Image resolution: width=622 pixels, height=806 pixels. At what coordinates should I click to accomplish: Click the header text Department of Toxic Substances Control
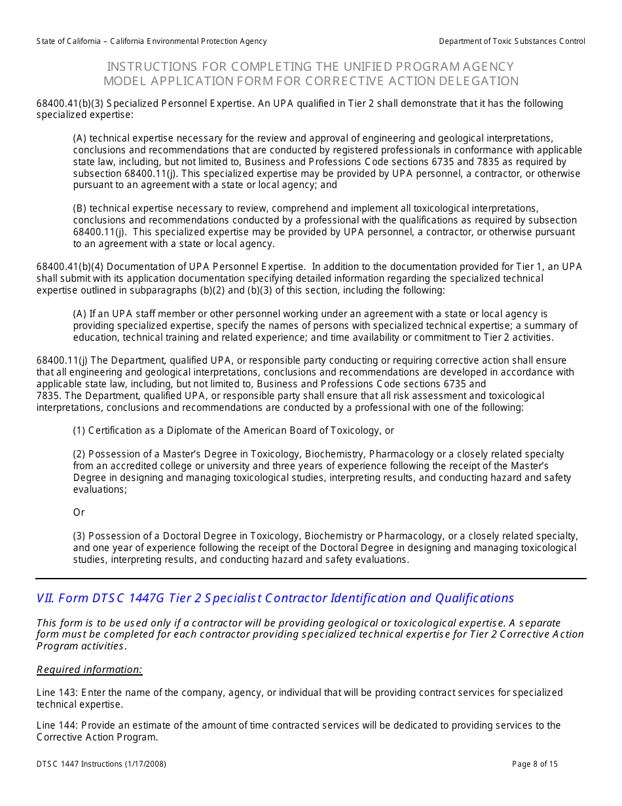[x=512, y=41]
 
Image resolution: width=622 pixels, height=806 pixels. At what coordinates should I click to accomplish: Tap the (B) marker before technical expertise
[x=79, y=208]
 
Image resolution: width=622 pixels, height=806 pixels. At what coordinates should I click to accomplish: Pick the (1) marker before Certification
[x=79, y=431]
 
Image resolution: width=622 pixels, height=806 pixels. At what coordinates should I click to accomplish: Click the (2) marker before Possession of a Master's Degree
[x=79, y=454]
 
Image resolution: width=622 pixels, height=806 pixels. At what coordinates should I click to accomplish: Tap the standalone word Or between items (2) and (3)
[x=79, y=512]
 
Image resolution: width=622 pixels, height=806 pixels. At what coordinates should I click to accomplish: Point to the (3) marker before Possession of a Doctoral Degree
[x=79, y=536]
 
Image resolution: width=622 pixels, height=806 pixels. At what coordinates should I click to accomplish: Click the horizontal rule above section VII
[x=311, y=579]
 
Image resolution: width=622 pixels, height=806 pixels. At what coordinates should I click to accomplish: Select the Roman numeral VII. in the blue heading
[x=45, y=598]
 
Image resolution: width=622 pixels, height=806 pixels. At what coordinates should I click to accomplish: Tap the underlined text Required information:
[x=89, y=670]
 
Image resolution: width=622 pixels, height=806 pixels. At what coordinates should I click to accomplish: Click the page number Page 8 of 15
[x=535, y=764]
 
